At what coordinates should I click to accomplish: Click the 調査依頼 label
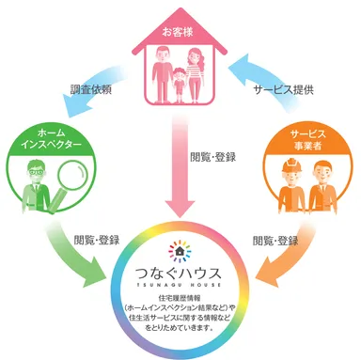[90, 93]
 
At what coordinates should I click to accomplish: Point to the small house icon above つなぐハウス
[180, 250]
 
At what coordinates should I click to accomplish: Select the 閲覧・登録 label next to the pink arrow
[214, 158]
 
